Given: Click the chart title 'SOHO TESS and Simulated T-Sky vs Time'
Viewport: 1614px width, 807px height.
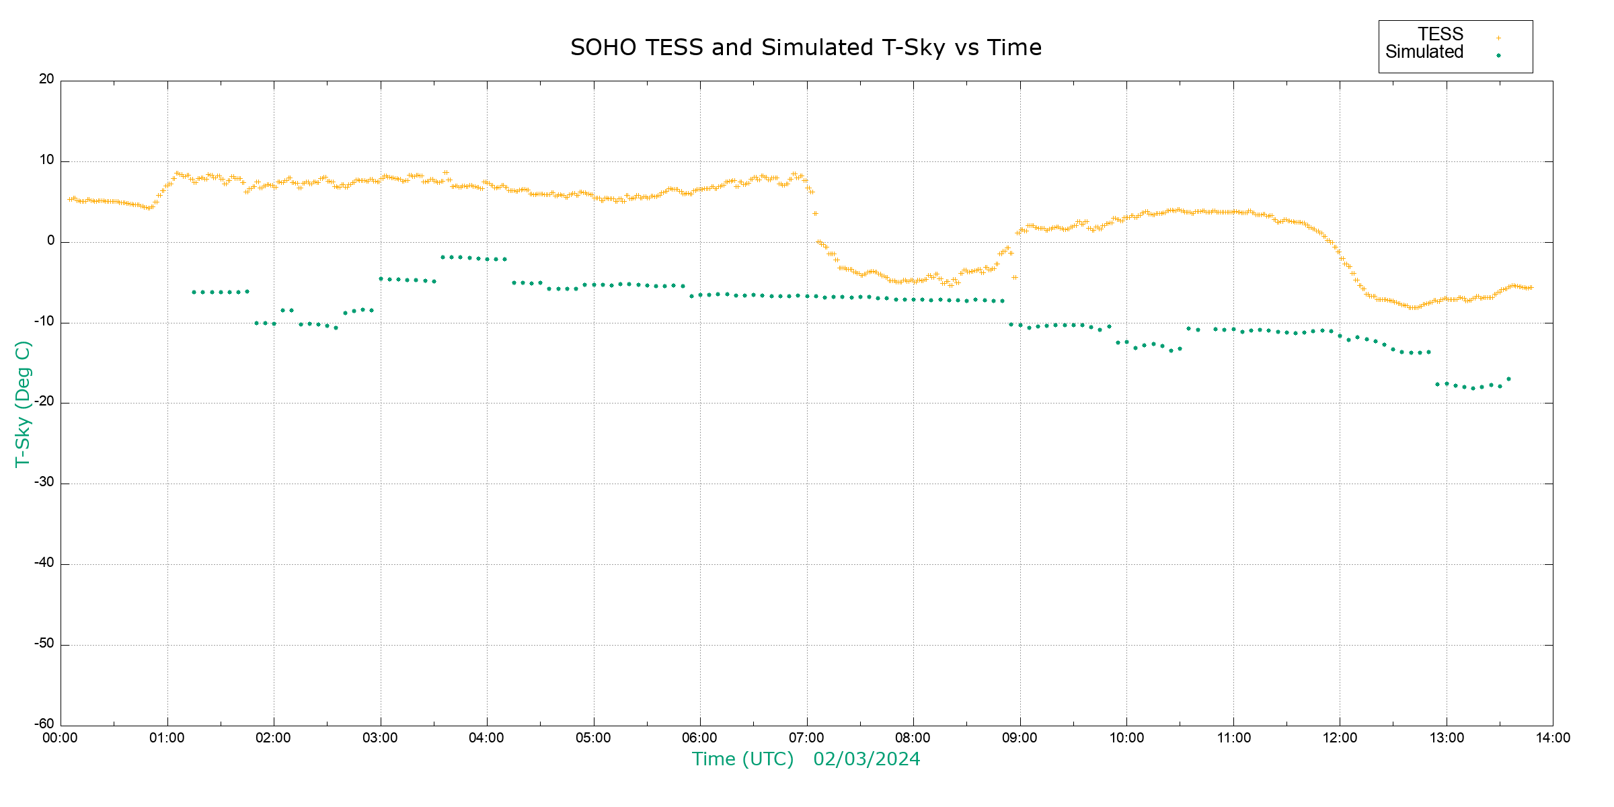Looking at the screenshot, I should (x=806, y=48).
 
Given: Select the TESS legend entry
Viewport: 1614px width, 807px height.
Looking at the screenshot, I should (x=1440, y=34).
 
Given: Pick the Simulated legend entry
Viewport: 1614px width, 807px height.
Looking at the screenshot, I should (x=1424, y=52).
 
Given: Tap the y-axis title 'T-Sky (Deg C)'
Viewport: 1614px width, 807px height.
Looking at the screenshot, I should (x=23, y=404).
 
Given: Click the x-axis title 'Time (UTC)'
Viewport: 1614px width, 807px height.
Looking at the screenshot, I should (x=742, y=759).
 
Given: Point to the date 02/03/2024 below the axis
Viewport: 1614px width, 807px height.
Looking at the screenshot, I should (x=866, y=759).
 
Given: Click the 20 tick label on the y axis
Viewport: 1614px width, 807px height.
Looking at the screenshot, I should (x=46, y=79).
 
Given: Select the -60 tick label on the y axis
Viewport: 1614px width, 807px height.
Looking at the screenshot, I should (x=44, y=724).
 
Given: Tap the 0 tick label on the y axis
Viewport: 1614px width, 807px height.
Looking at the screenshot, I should (x=50, y=241).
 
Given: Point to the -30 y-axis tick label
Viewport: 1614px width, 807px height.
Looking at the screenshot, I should (x=44, y=482).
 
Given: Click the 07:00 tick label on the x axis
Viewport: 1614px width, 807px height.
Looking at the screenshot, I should (x=806, y=738).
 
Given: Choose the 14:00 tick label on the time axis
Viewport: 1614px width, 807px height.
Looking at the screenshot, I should (x=1553, y=738).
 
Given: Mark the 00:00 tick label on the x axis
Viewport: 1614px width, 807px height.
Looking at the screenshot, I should (x=61, y=738).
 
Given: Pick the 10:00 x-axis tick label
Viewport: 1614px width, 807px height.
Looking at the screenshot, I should (x=1126, y=738).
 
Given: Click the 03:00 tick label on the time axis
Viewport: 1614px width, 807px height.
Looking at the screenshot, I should (x=380, y=738).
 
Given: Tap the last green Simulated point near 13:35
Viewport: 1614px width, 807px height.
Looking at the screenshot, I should (x=1508, y=379).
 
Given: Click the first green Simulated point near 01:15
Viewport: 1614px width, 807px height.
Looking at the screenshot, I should (x=194, y=293).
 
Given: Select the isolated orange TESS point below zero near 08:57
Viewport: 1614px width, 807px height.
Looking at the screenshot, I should (x=1015, y=277).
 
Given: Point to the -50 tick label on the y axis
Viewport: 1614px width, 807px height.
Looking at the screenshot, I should (x=44, y=644).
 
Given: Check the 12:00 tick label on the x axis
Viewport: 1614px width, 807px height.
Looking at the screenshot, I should (x=1340, y=738).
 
